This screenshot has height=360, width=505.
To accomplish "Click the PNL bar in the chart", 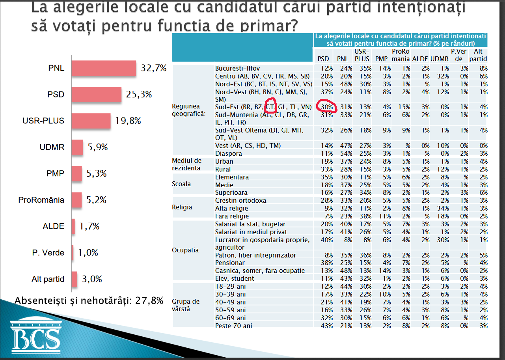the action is tap(104, 68).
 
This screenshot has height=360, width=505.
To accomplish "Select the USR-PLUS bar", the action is tap(91, 121).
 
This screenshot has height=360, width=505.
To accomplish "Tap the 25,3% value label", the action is tap(139, 94).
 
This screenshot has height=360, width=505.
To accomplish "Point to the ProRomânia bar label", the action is tap(41, 200).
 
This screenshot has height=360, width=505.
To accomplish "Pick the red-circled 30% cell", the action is tap(327, 107).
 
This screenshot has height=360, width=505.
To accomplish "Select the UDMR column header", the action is tap(440, 59).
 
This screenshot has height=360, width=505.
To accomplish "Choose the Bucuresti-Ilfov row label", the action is tap(237, 68).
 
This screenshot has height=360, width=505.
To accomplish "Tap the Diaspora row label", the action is tap(228, 153).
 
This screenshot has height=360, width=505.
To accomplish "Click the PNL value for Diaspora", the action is tap(346, 153).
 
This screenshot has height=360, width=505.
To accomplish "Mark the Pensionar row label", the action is tap(230, 263).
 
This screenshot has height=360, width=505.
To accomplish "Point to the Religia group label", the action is tap(182, 207).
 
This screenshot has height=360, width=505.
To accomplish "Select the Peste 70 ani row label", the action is tap(233, 326).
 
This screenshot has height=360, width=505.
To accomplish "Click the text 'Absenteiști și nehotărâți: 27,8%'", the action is tap(89, 301).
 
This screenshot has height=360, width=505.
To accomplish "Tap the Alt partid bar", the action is tap(75, 279).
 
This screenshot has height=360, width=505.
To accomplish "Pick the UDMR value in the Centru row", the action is tap(443, 76).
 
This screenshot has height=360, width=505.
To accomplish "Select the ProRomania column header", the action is tap(401, 55).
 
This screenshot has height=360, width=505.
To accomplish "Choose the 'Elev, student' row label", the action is tap(235, 279).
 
